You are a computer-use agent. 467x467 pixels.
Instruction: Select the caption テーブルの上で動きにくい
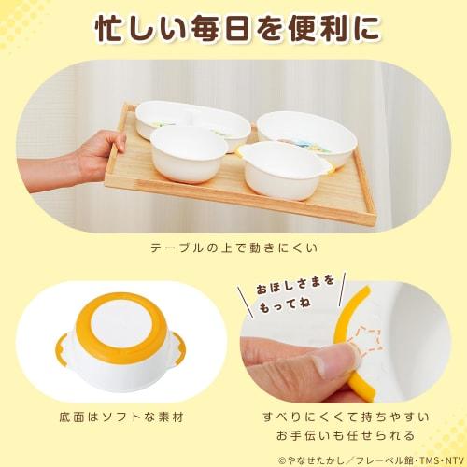pos(233,248)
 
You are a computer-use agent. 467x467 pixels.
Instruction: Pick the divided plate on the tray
pos(191,124)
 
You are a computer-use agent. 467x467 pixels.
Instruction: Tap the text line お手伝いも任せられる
pos(350,434)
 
